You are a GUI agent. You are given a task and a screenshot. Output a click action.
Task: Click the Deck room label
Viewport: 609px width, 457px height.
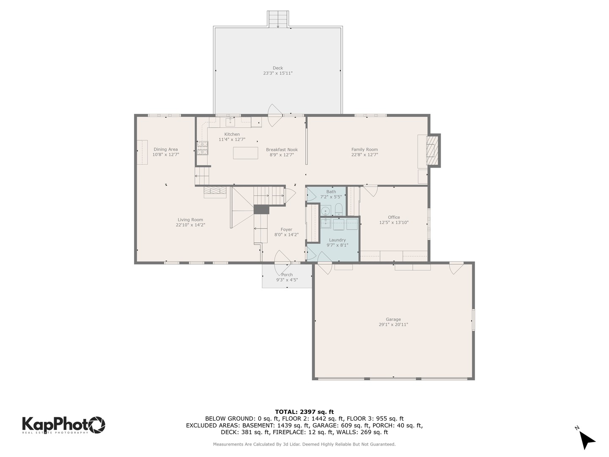[278, 68]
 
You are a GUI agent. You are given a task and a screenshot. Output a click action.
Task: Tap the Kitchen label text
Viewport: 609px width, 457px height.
[232, 134]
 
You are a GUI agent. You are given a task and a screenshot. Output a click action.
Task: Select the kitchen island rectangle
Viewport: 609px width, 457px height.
[245, 153]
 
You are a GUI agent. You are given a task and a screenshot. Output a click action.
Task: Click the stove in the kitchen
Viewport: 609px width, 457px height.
[202, 147]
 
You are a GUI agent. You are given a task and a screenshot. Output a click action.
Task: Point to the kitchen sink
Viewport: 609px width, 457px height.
[230, 122]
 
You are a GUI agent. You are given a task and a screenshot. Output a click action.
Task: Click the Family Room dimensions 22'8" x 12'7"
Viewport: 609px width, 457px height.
[365, 155]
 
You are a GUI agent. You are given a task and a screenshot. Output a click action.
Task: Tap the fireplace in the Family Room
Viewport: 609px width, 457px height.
[431, 151]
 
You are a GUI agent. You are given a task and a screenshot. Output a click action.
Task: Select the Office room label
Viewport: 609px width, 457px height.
[394, 217]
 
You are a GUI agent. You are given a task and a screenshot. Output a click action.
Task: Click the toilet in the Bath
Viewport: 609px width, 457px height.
[338, 209]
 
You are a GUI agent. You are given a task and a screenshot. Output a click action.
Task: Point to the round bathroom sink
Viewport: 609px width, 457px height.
[326, 210]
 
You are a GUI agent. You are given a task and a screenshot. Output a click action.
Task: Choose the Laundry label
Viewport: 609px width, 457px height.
[337, 240]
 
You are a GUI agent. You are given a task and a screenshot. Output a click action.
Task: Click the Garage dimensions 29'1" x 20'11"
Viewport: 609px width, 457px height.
[393, 325]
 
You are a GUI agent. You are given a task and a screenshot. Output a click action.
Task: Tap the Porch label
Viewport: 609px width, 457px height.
[287, 275]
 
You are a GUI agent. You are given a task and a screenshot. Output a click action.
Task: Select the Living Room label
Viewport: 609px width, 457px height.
[190, 220]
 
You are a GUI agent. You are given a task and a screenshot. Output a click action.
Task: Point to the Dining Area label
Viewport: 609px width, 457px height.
[165, 149]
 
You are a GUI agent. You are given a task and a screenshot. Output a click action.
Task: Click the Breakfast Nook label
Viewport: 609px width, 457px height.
[282, 149]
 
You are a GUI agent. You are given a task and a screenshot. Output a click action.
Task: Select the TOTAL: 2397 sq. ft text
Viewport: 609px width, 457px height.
[304, 412]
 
